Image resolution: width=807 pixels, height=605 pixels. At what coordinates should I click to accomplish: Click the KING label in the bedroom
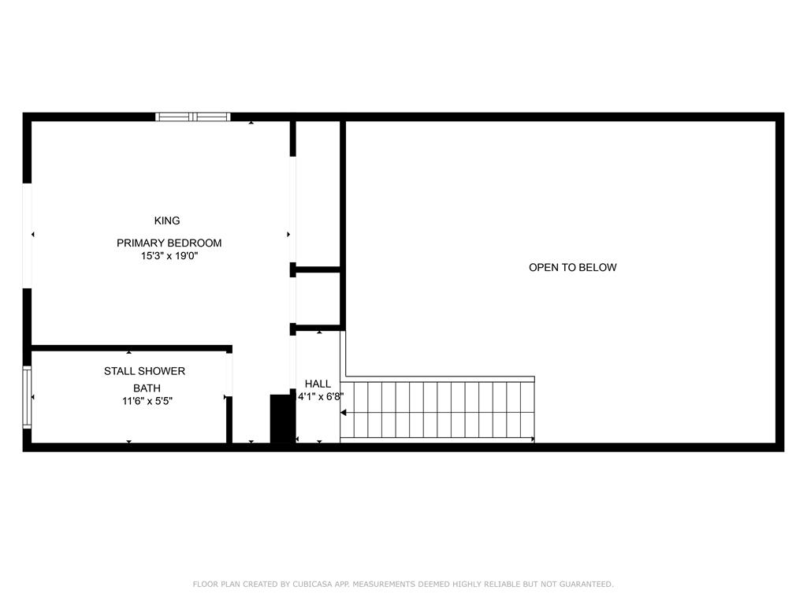coord(167,221)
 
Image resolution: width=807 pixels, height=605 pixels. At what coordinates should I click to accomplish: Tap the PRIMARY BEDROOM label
coord(169,243)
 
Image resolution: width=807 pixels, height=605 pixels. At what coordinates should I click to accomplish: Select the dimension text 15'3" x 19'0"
coord(169,256)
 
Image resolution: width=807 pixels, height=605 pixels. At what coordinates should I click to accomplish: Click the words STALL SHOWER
coord(145,371)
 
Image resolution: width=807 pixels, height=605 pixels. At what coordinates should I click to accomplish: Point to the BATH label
coord(147,388)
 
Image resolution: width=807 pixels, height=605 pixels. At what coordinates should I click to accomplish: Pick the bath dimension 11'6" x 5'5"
coord(147,401)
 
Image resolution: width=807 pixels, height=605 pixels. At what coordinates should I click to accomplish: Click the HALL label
coord(318,384)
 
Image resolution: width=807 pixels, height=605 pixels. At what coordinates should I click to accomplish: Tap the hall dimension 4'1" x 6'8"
coord(321,397)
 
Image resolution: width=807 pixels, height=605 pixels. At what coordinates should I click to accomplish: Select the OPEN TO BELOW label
coord(573,268)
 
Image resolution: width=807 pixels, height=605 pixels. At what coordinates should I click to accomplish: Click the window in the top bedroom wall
coord(193,117)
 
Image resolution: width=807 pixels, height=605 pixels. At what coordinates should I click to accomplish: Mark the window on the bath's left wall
coord(27,397)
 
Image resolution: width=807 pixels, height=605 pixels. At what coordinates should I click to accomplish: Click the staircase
coord(437,410)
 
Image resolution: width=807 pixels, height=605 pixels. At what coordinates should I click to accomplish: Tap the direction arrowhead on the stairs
coord(344,413)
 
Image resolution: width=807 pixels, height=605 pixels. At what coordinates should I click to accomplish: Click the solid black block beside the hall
coord(282,418)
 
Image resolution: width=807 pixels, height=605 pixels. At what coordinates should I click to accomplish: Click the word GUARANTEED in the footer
coord(586,585)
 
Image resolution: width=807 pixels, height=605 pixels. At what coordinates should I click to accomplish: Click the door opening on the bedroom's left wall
coord(28,236)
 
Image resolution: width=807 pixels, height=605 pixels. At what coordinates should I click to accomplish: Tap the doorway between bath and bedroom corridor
coord(229,375)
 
